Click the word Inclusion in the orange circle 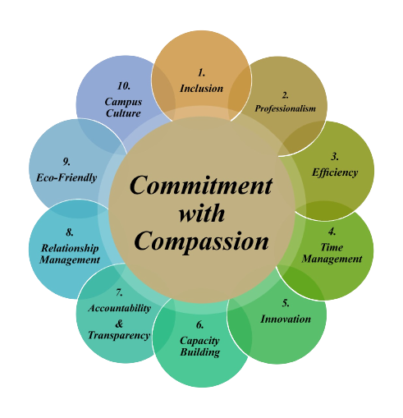tap(201, 89)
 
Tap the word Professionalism tap(286, 108)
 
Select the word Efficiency tap(335, 172)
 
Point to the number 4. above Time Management tap(332, 232)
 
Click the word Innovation tap(286, 319)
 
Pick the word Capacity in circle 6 tap(199, 341)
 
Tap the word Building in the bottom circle tap(200, 352)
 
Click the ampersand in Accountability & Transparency tap(119, 324)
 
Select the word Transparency tap(119, 336)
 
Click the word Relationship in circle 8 tap(70, 248)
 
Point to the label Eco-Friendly tap(66, 177)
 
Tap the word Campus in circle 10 tap(123, 102)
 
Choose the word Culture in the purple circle tap(123, 113)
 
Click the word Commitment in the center tap(201, 186)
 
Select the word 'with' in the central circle tap(202, 213)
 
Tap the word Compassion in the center tap(201, 241)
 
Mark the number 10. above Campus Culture tap(123, 86)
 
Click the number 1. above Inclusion tap(201, 73)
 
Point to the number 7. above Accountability tap(119, 292)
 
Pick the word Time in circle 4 tap(332, 247)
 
